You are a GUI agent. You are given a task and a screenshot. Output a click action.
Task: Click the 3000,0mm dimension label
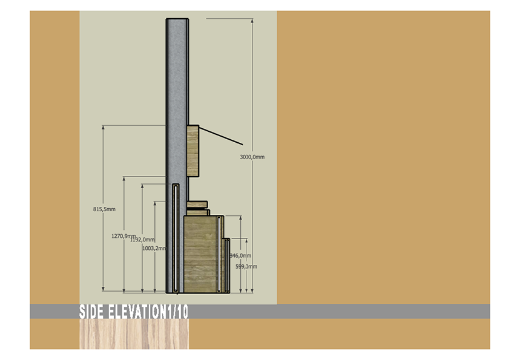pos(252,157)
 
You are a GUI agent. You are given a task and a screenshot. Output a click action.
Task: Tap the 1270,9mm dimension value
pos(124,236)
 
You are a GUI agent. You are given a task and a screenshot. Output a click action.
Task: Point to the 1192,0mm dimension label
pos(143,240)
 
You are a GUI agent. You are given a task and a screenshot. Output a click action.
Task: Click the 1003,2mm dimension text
pos(154,248)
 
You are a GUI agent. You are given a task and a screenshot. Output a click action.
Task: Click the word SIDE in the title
pos(92,312)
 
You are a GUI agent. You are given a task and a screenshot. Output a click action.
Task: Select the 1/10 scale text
pos(177,312)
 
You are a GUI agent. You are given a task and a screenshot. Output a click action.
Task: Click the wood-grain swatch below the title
pos(134,334)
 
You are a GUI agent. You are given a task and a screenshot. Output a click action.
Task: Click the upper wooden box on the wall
pos(193,150)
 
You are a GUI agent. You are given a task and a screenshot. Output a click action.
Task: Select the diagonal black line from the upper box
pos(221,136)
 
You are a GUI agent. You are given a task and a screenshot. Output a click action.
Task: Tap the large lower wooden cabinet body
pos(200,254)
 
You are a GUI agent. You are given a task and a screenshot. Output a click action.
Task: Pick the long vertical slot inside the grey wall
pos(175,236)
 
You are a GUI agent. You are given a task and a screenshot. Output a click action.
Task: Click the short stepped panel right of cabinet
pos(227,265)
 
